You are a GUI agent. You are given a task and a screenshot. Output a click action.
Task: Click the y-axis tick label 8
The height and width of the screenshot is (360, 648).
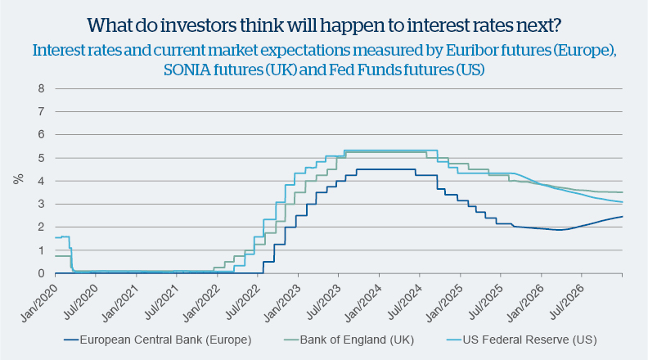(39, 88)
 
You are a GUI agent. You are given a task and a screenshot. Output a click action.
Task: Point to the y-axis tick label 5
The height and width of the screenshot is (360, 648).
(39, 158)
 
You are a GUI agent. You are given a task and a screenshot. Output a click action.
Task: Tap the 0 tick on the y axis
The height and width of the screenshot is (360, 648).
(39, 274)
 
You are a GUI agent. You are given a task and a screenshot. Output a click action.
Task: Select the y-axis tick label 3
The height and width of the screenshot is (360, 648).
(39, 205)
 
